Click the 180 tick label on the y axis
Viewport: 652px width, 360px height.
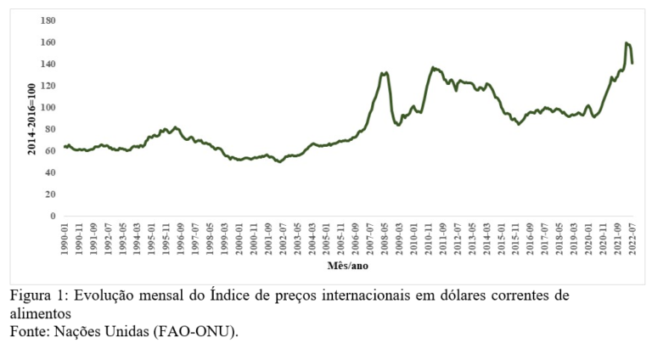coord(48,20)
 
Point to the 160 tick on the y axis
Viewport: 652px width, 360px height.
coord(48,42)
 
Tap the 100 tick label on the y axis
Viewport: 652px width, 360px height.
coord(48,108)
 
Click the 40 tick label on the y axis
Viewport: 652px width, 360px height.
coord(50,173)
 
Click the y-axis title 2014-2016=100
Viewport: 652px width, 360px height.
coord(31,118)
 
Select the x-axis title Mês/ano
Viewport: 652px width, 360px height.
coord(347,266)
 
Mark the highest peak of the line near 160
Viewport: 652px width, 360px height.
coord(627,42)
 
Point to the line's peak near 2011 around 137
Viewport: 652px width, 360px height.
coord(433,67)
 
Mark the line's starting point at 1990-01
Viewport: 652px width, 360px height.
coord(64,147)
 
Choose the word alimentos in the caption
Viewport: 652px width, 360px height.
coord(39,313)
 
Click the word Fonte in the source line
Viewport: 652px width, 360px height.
coord(28,331)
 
